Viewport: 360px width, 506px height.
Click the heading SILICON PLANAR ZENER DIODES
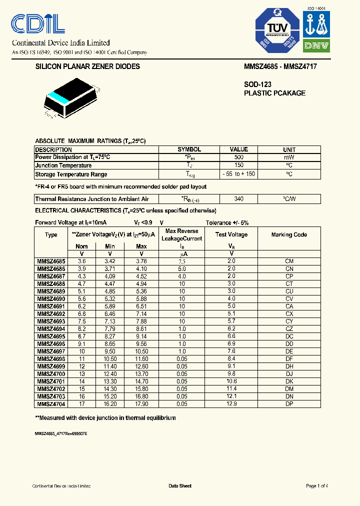[87, 66]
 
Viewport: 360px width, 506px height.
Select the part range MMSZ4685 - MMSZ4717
[280, 66]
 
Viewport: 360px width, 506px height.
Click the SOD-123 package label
[257, 85]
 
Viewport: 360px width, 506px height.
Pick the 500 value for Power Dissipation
[238, 157]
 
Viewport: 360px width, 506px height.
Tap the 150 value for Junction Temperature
[238, 165]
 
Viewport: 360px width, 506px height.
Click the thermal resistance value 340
[238, 199]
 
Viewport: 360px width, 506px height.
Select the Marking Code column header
[289, 234]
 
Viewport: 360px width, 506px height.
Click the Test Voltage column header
[231, 234]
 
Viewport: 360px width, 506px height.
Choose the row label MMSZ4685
[50, 261]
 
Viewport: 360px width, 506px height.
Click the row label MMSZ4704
[50, 403]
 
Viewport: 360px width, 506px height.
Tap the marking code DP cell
[289, 403]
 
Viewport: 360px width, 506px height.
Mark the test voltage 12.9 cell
[231, 403]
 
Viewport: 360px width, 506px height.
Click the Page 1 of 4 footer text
[316, 486]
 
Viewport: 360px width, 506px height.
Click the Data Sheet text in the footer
[180, 486]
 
